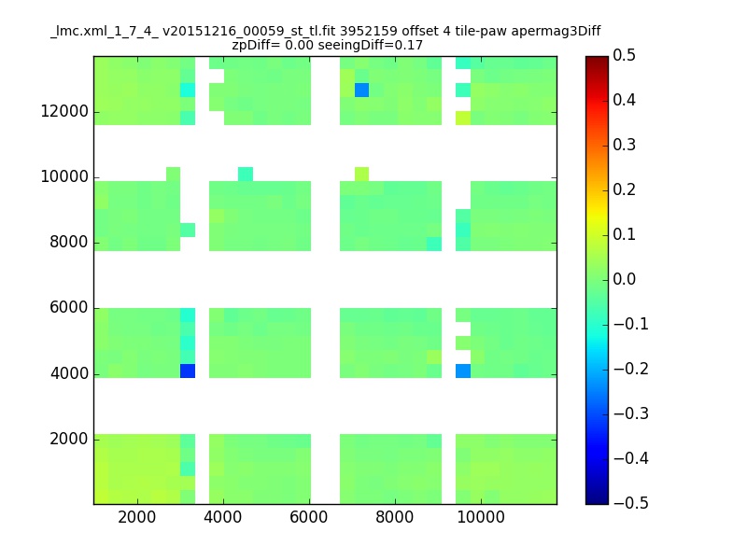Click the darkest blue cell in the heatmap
pyautogui.click(x=188, y=371)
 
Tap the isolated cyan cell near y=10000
pyautogui.click(x=246, y=175)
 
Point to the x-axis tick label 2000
pyautogui.click(x=136, y=517)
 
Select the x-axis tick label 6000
pyautogui.click(x=309, y=517)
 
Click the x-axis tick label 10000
pyautogui.click(x=481, y=517)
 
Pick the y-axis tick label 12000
pyautogui.click(x=64, y=111)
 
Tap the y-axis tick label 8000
pyautogui.click(x=69, y=242)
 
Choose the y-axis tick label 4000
pyautogui.click(x=69, y=373)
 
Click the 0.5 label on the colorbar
pyautogui.click(x=624, y=55)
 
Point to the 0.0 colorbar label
pyautogui.click(x=624, y=279)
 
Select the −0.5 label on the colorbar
pyautogui.click(x=631, y=503)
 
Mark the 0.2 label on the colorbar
pyautogui.click(x=624, y=189)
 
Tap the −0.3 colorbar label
pyautogui.click(x=631, y=413)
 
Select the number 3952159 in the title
pyautogui.click(x=368, y=31)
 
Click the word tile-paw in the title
pyautogui.click(x=481, y=32)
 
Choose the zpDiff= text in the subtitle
pyautogui.click(x=256, y=46)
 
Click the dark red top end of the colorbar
pyautogui.click(x=597, y=59)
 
